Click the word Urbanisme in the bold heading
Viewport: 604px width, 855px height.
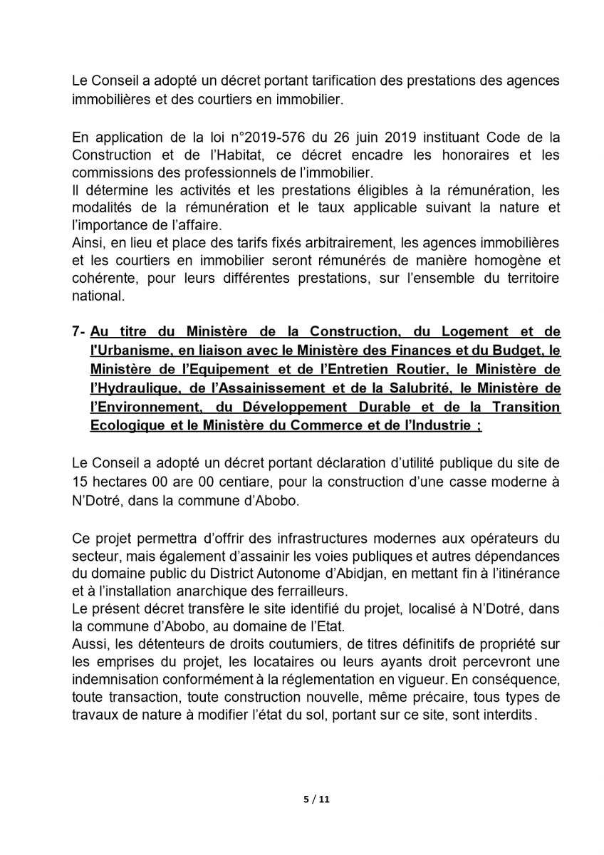pos(128,351)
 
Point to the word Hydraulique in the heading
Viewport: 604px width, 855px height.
pos(130,388)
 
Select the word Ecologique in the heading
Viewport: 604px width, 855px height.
pos(126,426)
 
